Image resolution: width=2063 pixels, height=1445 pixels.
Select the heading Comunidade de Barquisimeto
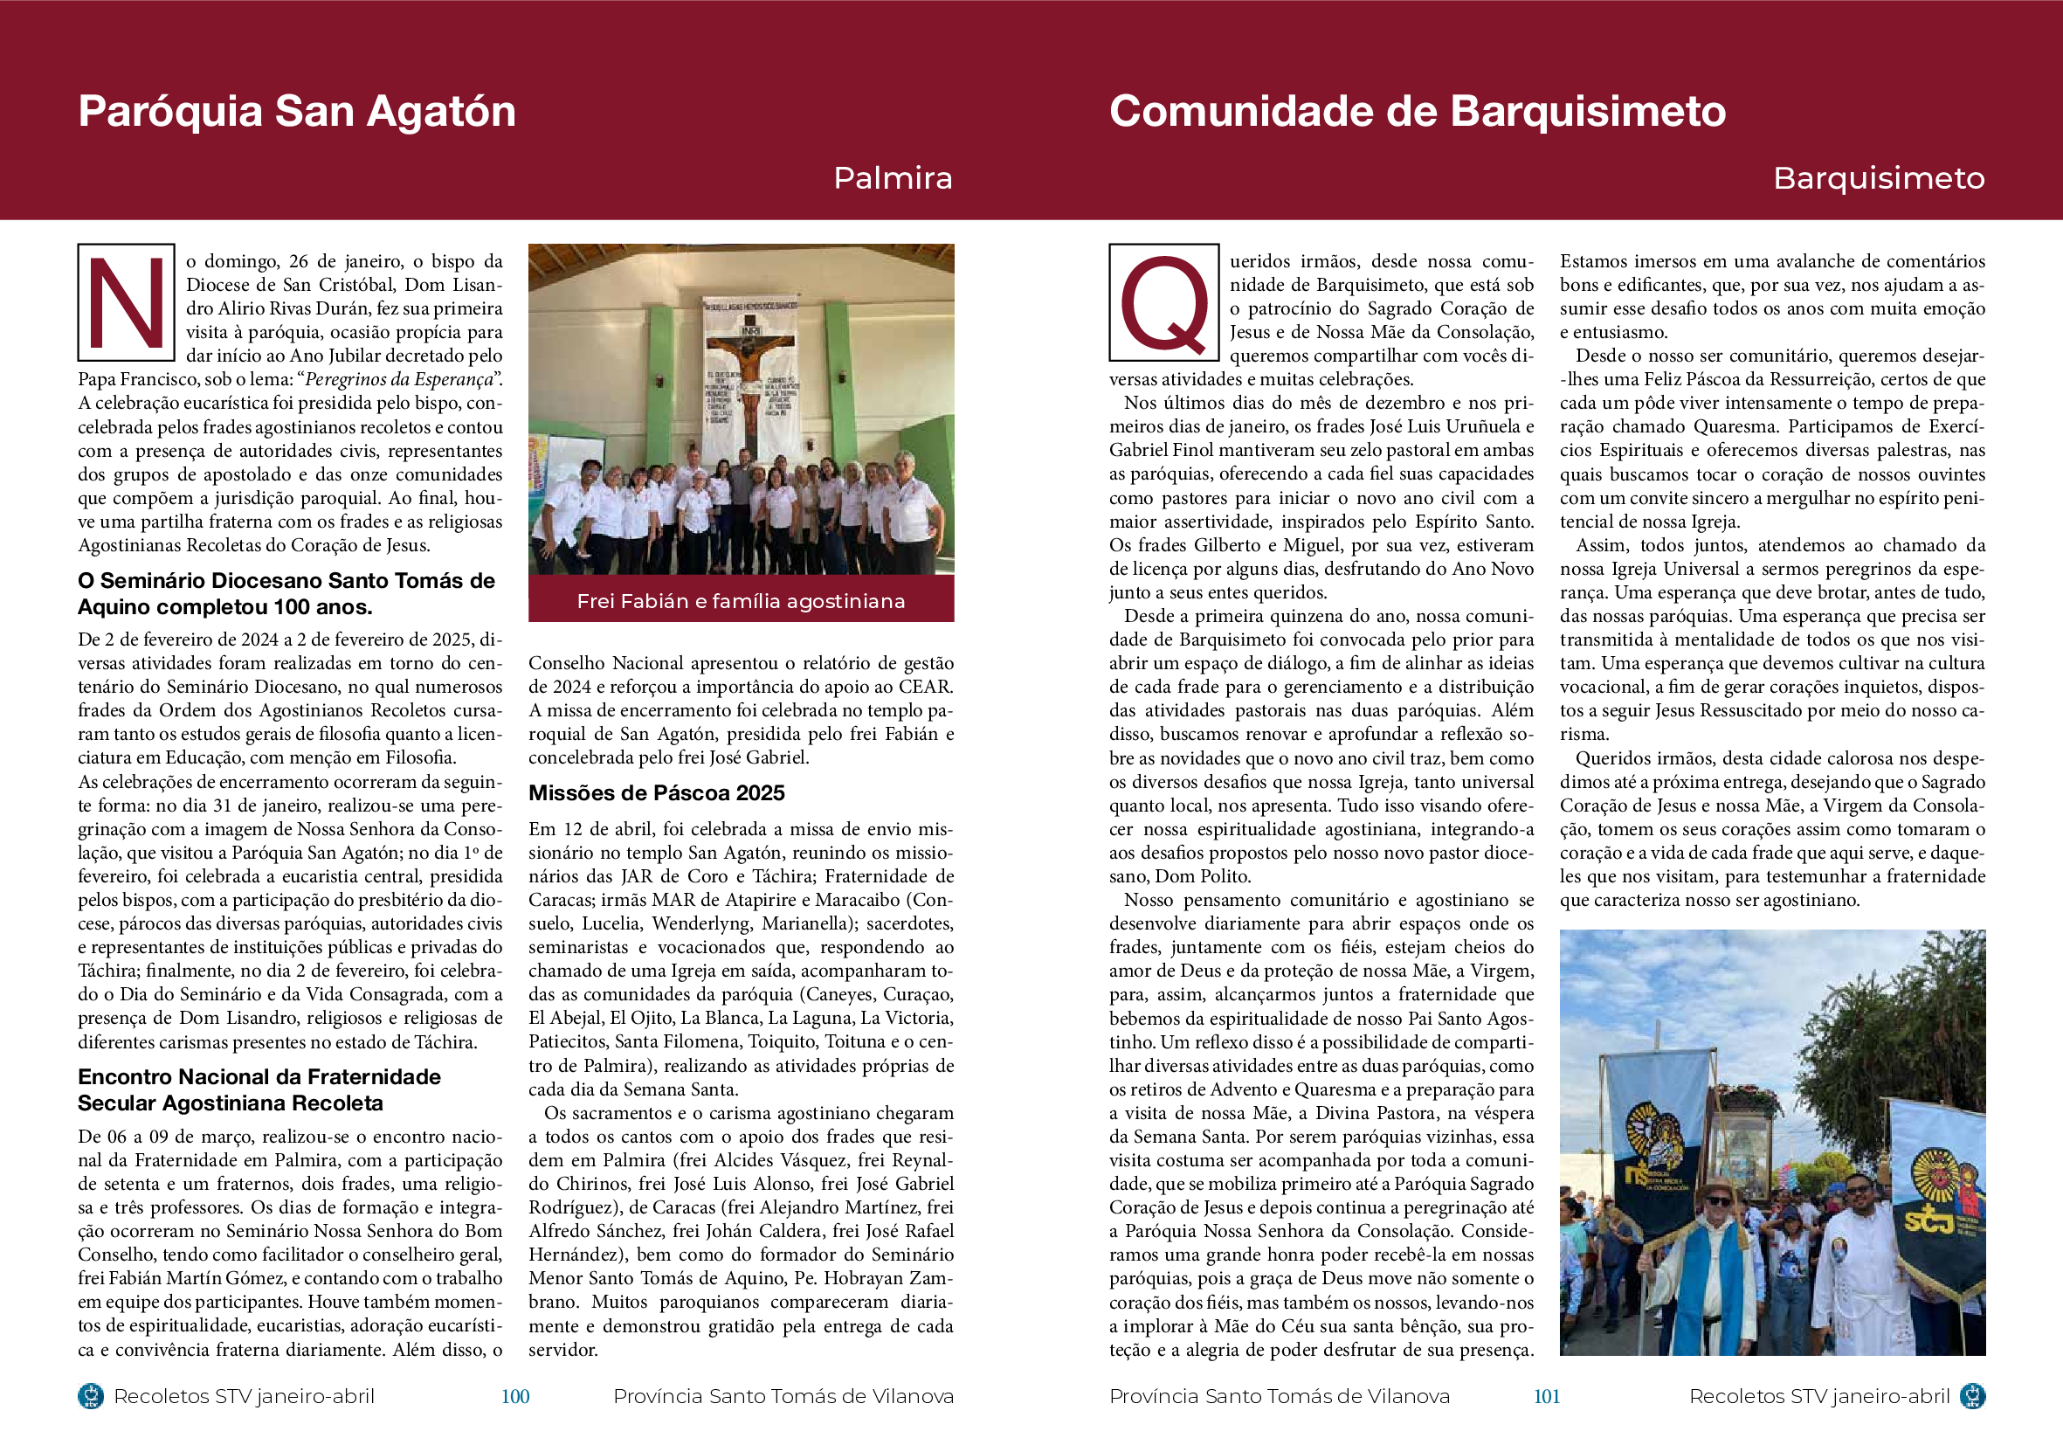1417,112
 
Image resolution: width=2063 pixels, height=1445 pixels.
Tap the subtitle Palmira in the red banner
893,178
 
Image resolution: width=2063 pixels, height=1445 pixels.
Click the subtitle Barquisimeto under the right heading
1878,178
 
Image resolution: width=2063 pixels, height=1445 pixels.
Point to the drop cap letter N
126,302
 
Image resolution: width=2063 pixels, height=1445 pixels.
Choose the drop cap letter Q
1163,303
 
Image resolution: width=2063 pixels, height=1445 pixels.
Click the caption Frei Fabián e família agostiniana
741,601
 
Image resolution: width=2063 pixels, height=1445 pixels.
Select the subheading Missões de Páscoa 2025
656,792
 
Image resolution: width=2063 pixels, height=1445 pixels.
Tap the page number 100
514,1396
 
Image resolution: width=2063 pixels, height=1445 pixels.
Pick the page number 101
1546,1396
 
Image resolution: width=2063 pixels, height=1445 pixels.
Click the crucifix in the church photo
749,377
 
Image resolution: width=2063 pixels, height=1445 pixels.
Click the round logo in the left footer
91,1396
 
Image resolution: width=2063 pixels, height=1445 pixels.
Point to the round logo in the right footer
1971,1396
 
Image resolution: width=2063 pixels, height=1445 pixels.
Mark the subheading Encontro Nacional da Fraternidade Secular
259,1090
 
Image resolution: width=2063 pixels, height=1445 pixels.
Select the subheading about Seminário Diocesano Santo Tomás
286,593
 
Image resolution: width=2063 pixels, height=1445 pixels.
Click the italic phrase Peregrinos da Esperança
400,379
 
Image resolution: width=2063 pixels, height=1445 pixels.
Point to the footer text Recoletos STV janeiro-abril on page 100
244,1396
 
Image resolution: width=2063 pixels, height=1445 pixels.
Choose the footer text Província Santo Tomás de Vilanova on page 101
1280,1396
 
